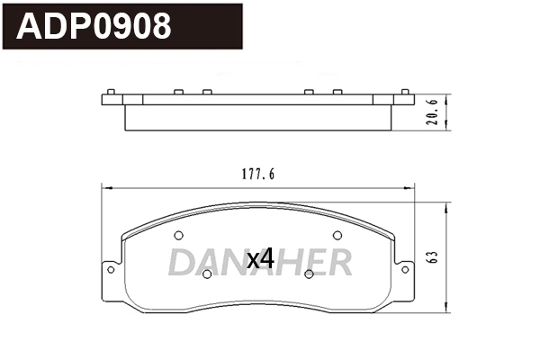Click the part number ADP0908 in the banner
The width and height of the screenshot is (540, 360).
[94, 26]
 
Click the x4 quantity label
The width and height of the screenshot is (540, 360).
[260, 260]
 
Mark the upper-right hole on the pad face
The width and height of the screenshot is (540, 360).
[337, 235]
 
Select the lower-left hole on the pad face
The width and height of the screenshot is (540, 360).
[206, 274]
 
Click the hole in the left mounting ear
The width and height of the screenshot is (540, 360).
[110, 267]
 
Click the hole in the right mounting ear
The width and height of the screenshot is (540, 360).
[406, 267]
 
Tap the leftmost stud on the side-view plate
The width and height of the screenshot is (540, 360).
[109, 93]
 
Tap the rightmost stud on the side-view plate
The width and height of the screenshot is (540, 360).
[407, 93]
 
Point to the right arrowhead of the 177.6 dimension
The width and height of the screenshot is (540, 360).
[415, 188]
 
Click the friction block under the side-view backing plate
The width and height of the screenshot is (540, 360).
[257, 118]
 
